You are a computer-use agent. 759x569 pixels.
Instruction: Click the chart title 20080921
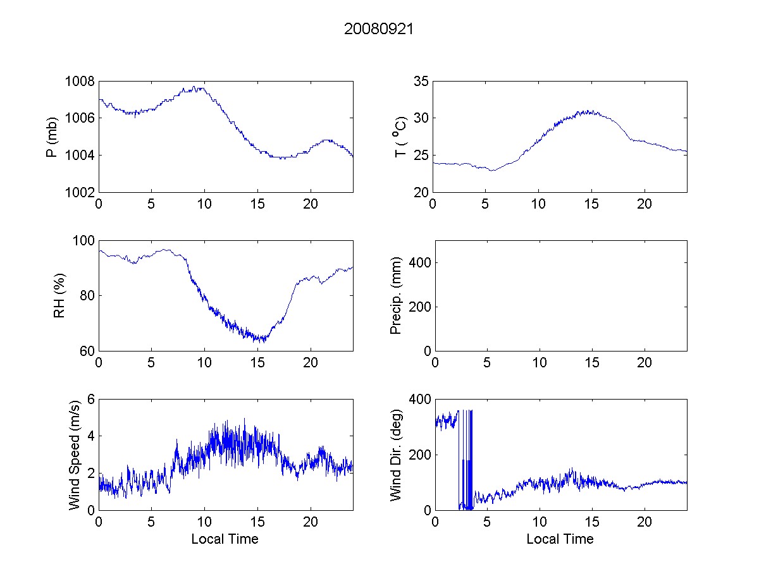(x=378, y=29)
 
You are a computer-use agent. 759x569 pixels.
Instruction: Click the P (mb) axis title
(x=52, y=137)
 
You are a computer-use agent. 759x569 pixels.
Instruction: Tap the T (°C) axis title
(x=400, y=137)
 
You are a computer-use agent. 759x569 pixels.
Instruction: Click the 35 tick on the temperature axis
(x=421, y=82)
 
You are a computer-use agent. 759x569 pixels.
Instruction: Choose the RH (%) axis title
(x=59, y=296)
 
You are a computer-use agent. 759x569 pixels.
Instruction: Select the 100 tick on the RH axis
(x=85, y=241)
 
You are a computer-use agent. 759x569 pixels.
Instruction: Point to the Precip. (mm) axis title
(x=397, y=296)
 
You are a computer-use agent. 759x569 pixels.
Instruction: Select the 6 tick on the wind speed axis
(x=91, y=400)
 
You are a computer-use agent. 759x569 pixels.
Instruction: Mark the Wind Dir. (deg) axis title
(x=397, y=455)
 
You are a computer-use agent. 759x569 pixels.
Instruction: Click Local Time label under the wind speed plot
(x=225, y=539)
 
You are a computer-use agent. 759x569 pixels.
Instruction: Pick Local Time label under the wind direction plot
(x=560, y=539)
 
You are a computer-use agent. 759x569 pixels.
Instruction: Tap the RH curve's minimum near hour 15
(x=259, y=341)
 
